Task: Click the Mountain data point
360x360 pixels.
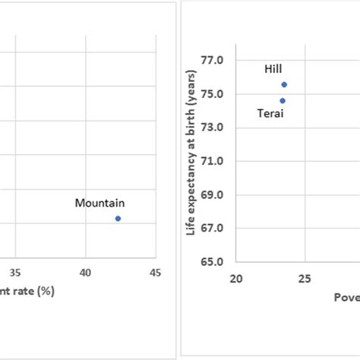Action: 118,219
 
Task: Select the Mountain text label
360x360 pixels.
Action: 99,203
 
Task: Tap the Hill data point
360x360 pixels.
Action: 284,84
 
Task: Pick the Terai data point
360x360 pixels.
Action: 283,100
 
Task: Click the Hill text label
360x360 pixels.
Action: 273,69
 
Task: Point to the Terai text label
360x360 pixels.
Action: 271,114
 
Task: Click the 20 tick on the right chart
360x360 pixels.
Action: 236,279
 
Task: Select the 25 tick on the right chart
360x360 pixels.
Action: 305,279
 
